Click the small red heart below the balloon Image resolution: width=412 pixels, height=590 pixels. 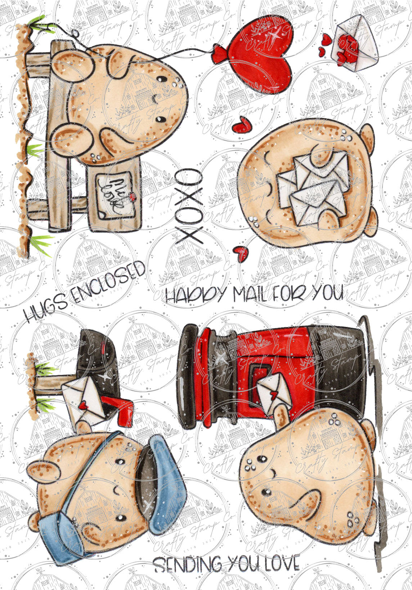[240, 125]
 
